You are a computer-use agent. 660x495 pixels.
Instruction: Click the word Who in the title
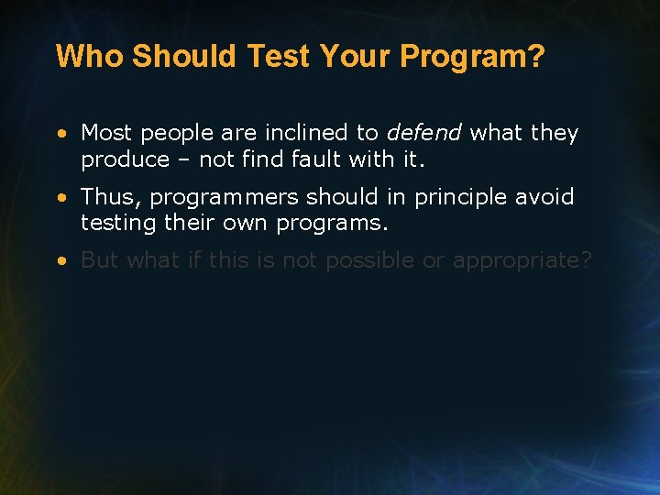[x=90, y=57]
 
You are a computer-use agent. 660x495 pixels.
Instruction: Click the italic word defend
[x=423, y=133]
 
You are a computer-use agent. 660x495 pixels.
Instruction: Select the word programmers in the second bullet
[x=224, y=197]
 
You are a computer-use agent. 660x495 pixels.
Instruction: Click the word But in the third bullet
[x=100, y=260]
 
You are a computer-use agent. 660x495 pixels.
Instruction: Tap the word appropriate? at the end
[x=522, y=260]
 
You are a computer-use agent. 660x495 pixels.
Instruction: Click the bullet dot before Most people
[x=60, y=134]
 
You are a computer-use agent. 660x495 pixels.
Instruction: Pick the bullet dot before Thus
[x=60, y=198]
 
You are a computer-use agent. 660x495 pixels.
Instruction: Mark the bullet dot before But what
[x=60, y=261]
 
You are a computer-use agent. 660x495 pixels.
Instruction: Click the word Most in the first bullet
[x=105, y=133]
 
